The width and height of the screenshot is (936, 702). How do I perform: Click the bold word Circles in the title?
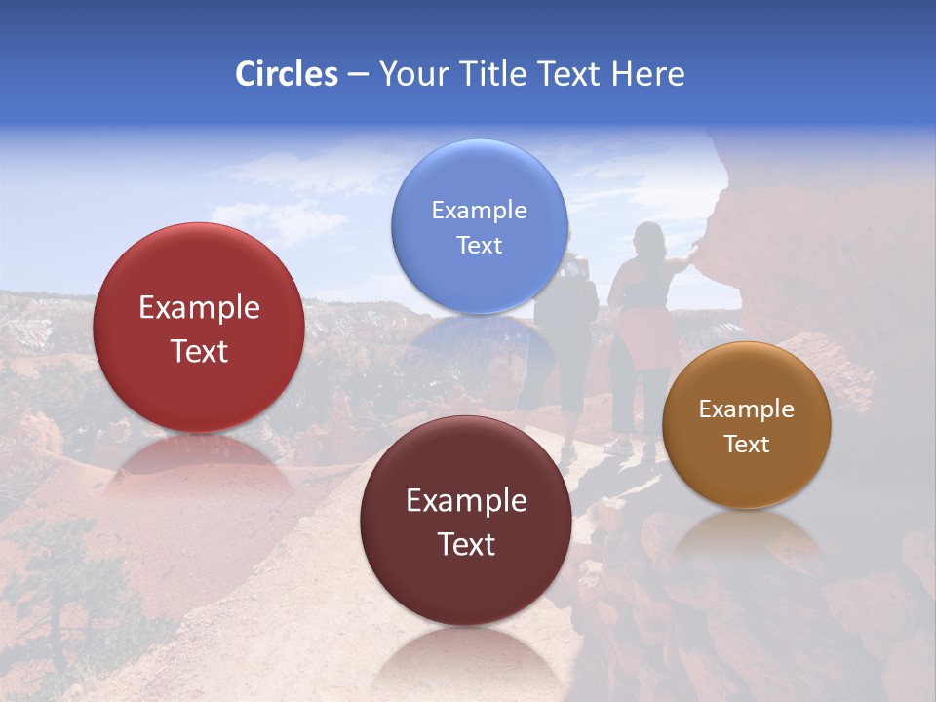pyautogui.click(x=286, y=74)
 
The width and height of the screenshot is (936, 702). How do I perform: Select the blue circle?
pyautogui.click(x=479, y=226)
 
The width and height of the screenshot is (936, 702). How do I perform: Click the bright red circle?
pyautogui.click(x=199, y=328)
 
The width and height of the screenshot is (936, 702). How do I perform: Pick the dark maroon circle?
pyautogui.click(x=466, y=521)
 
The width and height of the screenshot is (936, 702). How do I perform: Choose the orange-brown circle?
pyautogui.click(x=747, y=425)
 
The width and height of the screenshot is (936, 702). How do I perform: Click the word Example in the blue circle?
pyautogui.click(x=479, y=210)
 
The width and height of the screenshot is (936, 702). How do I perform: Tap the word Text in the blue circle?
pyautogui.click(x=479, y=245)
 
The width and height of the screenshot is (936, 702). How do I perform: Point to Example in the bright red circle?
pyautogui.click(x=199, y=308)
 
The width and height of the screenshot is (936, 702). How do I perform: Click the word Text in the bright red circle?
pyautogui.click(x=199, y=351)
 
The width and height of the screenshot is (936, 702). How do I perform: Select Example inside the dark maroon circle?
pyautogui.click(x=466, y=501)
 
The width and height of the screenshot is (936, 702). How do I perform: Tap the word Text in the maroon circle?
pyautogui.click(x=466, y=544)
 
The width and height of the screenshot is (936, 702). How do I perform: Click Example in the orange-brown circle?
pyautogui.click(x=747, y=409)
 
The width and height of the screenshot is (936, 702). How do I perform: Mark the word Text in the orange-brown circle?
pyautogui.click(x=747, y=445)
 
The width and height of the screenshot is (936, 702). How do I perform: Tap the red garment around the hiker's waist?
pyautogui.click(x=647, y=336)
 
